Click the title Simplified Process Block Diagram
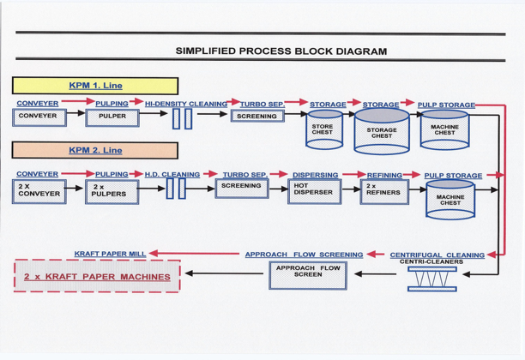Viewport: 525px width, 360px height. point(281,51)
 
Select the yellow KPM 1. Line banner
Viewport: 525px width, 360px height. point(95,86)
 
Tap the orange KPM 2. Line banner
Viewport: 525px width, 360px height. point(95,150)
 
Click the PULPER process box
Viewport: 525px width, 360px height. point(112,117)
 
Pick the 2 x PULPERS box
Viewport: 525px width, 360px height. point(112,190)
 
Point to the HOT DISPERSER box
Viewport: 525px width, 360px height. point(313,189)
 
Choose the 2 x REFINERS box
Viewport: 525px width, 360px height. point(383,189)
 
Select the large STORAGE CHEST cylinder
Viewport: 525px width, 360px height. point(382,131)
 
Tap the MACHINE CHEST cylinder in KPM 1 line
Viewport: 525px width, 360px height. point(444,129)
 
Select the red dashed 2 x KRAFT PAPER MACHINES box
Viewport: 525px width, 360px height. point(96,276)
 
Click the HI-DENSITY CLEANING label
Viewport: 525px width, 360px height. point(186,104)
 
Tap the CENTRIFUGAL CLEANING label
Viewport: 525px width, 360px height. point(437,255)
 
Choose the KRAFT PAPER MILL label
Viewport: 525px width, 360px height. point(110,254)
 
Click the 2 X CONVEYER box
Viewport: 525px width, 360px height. point(39,190)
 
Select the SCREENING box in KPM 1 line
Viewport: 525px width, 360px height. point(256,116)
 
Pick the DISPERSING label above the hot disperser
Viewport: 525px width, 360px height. point(314,175)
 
